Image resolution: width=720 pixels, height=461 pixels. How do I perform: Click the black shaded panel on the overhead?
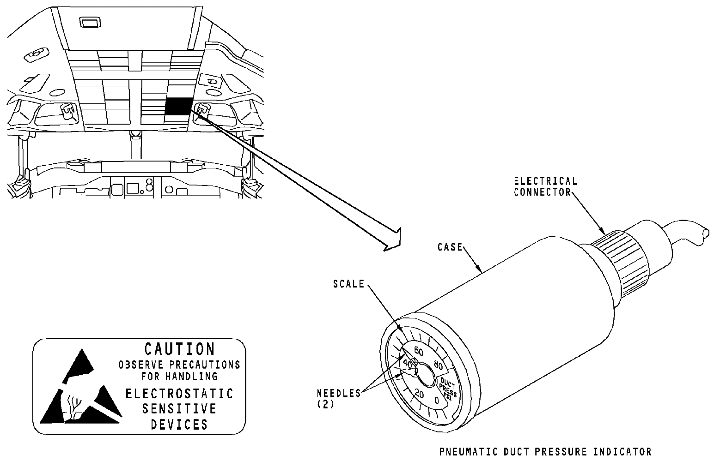(177, 106)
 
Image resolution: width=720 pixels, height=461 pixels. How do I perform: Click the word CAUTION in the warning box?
(179, 349)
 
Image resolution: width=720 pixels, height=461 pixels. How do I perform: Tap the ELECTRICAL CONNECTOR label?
(546, 186)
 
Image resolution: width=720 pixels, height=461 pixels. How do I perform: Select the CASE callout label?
(450, 247)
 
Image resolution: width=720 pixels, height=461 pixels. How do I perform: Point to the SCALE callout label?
(349, 284)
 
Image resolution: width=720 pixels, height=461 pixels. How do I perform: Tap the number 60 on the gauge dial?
(419, 349)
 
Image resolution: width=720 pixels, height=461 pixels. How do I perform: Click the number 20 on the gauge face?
(420, 394)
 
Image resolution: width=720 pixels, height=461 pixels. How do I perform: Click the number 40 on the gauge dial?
(407, 363)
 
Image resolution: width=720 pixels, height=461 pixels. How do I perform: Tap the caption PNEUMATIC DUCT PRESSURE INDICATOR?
(545, 451)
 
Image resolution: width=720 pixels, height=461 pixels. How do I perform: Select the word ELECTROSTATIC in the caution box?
(179, 394)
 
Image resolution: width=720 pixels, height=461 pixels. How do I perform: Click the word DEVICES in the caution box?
(179, 424)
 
